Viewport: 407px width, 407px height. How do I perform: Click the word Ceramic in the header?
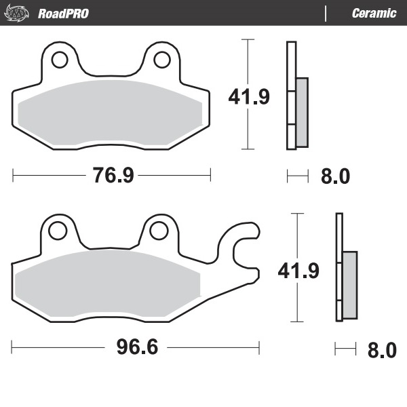(x=374, y=13)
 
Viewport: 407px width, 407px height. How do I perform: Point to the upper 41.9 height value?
(x=248, y=97)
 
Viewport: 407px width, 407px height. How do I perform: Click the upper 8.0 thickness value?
(x=334, y=177)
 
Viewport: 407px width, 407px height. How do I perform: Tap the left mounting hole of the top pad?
(x=59, y=60)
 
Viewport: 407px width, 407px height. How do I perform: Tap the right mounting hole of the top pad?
(x=162, y=60)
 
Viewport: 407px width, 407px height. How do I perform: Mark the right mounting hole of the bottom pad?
(x=159, y=231)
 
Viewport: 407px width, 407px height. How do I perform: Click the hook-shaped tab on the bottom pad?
(x=242, y=251)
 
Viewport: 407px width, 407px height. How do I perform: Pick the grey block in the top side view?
(x=302, y=112)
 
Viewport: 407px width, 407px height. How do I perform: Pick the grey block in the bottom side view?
(x=349, y=285)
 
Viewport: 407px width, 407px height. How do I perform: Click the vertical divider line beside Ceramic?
(x=327, y=13)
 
